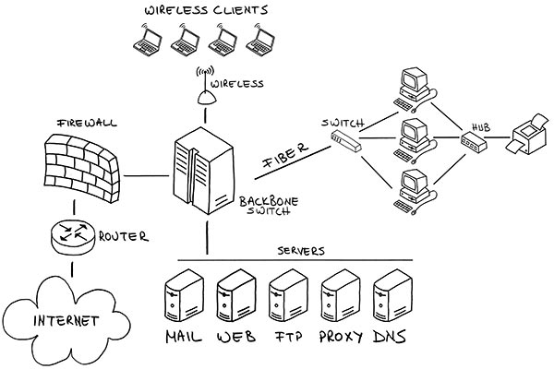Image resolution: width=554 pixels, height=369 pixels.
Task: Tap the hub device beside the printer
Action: pyautogui.click(x=472, y=142)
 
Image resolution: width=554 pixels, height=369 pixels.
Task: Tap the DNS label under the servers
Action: pyautogui.click(x=388, y=338)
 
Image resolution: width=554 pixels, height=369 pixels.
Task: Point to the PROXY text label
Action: pyautogui.click(x=335, y=338)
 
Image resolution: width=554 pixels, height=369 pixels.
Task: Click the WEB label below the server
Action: pyautogui.click(x=235, y=338)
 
